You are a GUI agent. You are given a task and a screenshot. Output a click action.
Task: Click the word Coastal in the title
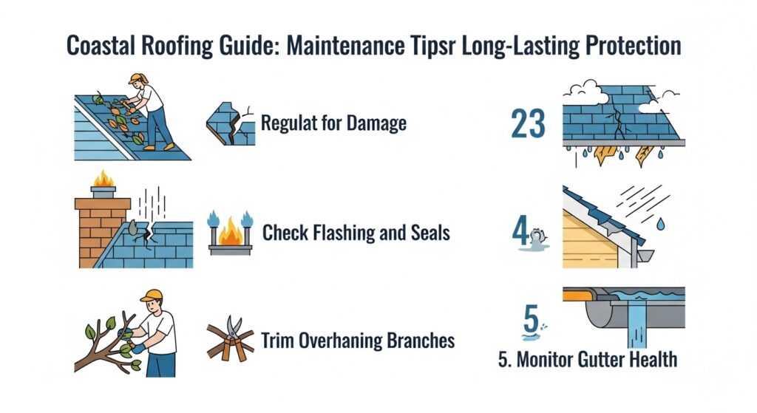pyautogui.click(x=101, y=46)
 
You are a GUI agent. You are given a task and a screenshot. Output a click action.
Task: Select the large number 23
pyautogui.click(x=528, y=123)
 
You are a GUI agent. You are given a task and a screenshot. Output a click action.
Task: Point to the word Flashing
pyautogui.click(x=343, y=233)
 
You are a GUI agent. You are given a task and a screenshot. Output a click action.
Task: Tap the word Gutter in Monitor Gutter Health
pyautogui.click(x=588, y=360)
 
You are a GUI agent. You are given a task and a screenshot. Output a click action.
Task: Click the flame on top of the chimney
pyautogui.click(x=103, y=179)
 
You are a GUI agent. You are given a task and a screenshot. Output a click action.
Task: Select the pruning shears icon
pyautogui.click(x=231, y=338)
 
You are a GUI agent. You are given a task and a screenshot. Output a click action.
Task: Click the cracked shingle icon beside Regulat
pyautogui.click(x=231, y=124)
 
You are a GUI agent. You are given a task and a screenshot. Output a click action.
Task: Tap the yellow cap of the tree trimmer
pyautogui.click(x=152, y=296)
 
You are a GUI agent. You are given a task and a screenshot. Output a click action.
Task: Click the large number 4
pyautogui.click(x=520, y=232)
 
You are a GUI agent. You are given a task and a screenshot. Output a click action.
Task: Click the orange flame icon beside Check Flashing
pyautogui.click(x=231, y=231)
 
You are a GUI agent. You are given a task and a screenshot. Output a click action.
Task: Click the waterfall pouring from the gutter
pyautogui.click(x=637, y=324)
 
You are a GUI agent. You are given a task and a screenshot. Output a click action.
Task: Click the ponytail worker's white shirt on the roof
pyautogui.click(x=152, y=99)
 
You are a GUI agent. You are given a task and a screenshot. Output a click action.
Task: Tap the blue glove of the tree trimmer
pyautogui.click(x=137, y=347)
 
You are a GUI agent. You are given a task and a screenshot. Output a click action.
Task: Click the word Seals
pyautogui.click(x=430, y=233)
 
